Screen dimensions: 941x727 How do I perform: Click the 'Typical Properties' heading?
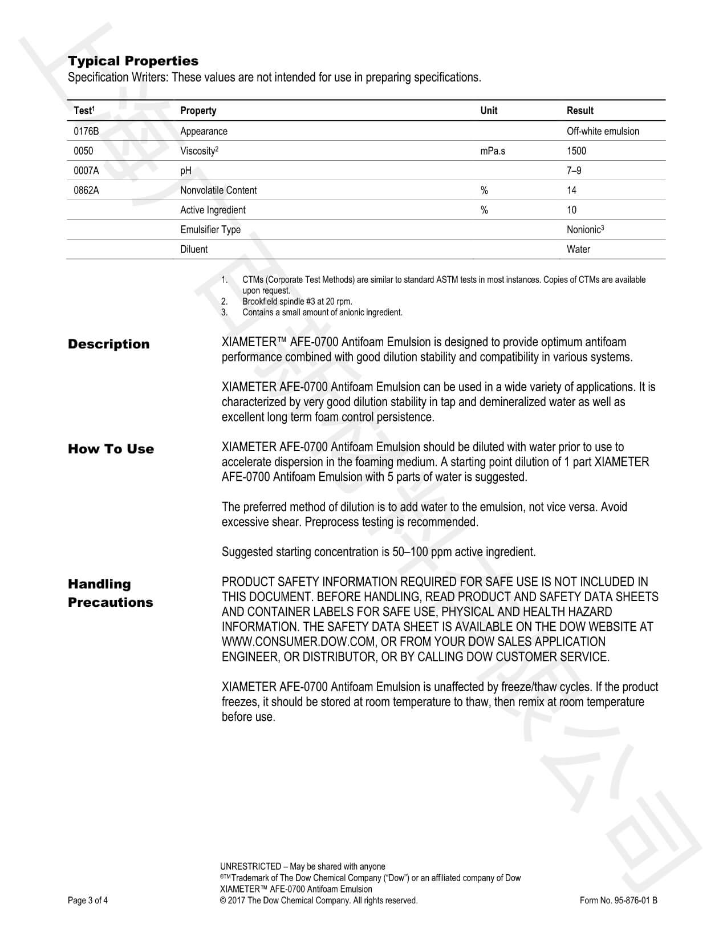(x=133, y=61)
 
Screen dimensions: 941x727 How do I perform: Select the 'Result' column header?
(x=580, y=111)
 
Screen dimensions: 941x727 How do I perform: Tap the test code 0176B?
(x=86, y=131)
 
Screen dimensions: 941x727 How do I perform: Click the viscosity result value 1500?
(x=576, y=151)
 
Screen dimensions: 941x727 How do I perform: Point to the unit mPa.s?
(x=493, y=151)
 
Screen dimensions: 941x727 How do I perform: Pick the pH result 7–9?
(x=574, y=171)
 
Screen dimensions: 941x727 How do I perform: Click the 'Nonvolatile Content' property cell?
(x=218, y=190)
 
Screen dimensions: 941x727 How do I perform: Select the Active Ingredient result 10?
(x=571, y=210)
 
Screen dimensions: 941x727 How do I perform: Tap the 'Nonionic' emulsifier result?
(x=584, y=230)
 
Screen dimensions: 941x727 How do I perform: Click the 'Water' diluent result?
(x=578, y=249)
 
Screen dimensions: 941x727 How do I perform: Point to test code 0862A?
(x=86, y=190)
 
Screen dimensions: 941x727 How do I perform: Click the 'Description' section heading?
(x=108, y=344)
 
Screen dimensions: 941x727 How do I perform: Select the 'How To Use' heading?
(x=111, y=449)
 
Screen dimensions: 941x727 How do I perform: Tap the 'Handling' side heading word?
(x=99, y=585)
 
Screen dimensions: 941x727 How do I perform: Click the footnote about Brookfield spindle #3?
(x=297, y=302)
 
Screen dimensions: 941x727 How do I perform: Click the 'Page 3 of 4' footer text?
(x=88, y=901)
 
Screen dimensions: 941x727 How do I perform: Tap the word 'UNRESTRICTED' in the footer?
(x=250, y=867)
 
